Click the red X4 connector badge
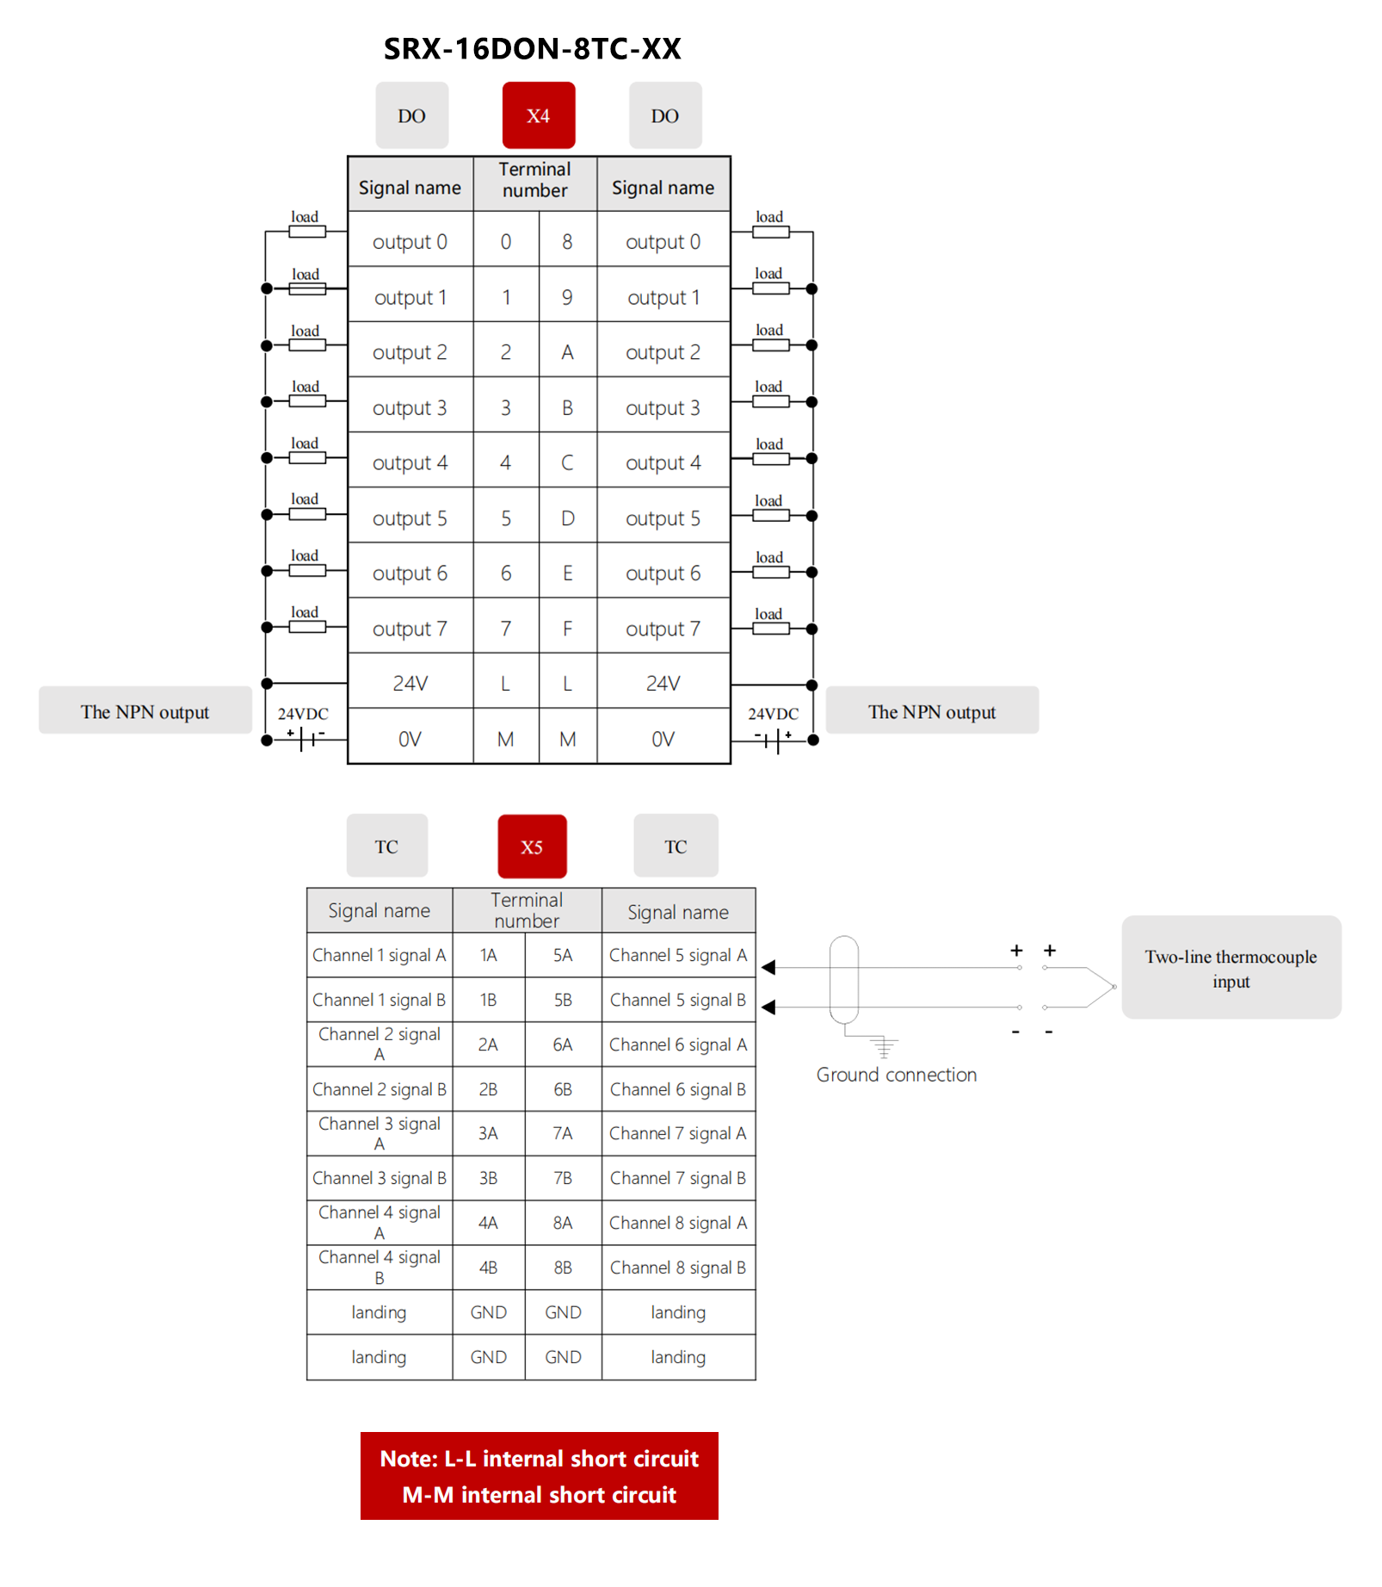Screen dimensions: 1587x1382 (538, 115)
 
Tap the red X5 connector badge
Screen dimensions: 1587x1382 (532, 846)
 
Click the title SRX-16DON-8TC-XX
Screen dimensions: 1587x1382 (532, 49)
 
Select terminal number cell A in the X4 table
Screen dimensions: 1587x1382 (567, 352)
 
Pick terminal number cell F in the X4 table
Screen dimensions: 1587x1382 (567, 629)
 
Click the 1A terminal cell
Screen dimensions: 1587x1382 (488, 955)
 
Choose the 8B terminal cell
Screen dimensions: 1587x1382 (563, 1268)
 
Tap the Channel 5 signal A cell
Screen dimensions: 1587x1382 (678, 955)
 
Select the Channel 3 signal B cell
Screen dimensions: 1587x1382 (379, 1178)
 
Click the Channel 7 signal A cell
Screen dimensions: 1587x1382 (678, 1133)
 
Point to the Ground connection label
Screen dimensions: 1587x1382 (896, 1075)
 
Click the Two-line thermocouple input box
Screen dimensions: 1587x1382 (1231, 968)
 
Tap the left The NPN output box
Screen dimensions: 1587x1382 (145, 711)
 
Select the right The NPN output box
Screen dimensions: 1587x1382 (931, 711)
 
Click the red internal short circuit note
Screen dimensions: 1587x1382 (539, 1476)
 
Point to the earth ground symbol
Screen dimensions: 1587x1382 (883, 1047)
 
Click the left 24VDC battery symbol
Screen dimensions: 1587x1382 (306, 738)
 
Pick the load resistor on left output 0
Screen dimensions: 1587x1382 (307, 232)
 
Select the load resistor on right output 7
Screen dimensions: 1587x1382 (770, 629)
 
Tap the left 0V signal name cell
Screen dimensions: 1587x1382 (410, 739)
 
